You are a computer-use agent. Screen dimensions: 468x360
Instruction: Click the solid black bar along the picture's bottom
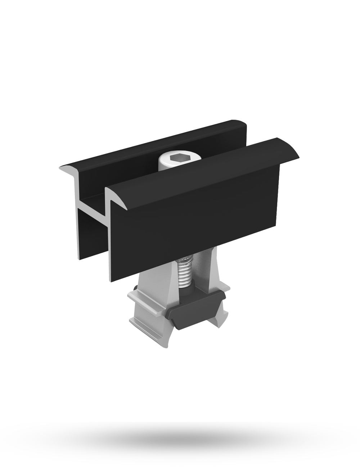180,445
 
